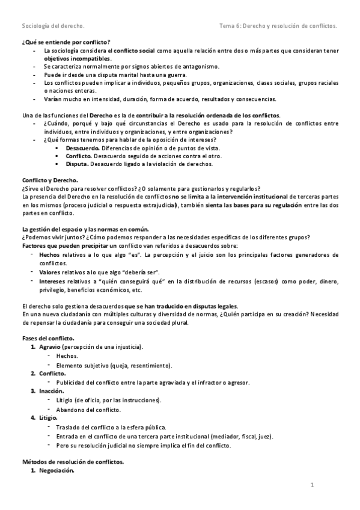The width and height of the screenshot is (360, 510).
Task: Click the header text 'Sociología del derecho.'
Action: click(x=53, y=26)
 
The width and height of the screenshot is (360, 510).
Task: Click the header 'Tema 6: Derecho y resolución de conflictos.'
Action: click(x=278, y=26)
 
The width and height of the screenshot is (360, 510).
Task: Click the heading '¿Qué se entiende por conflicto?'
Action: click(x=66, y=43)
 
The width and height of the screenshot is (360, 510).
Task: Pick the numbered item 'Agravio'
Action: click(x=50, y=348)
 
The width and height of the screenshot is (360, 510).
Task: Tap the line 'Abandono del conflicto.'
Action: click(x=88, y=409)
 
